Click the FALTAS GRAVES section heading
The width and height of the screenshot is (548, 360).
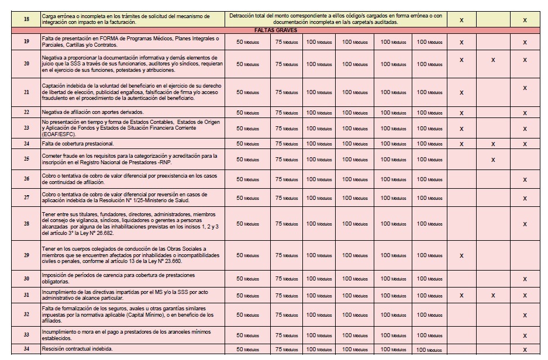[x=274, y=30]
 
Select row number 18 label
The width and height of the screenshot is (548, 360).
[x=26, y=19]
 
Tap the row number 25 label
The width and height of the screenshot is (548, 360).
[x=26, y=159]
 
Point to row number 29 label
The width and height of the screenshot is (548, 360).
[x=26, y=255]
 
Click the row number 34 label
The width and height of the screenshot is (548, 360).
[x=26, y=349]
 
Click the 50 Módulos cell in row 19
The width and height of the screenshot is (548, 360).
[x=247, y=42]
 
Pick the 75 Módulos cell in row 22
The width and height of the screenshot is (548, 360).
[x=287, y=112]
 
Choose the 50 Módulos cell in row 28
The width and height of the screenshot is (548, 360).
[x=247, y=224]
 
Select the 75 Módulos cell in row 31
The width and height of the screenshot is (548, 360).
[x=287, y=295]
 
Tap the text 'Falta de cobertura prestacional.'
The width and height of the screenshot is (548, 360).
[x=78, y=143]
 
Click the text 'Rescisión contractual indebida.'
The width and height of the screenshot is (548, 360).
[x=77, y=349]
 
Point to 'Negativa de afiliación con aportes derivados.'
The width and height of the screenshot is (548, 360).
[x=92, y=112]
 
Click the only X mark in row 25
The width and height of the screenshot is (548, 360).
[x=493, y=160]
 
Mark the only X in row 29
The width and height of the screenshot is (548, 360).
[x=461, y=255]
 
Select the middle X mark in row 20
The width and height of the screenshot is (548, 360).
[x=493, y=60]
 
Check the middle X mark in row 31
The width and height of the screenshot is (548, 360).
[x=493, y=296]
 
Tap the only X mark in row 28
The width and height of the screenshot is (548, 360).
[x=525, y=224]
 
